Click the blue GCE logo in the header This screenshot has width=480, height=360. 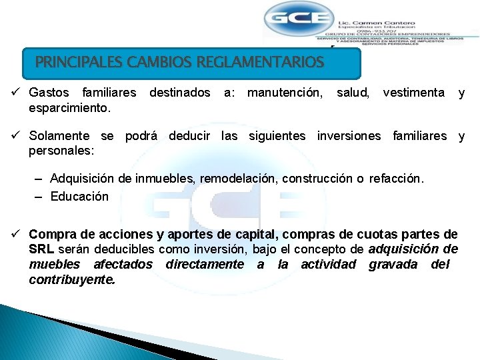point(297,19)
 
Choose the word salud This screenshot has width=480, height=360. point(353,93)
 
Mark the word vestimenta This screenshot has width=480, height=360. point(413,93)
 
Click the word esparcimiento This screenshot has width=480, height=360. point(70,107)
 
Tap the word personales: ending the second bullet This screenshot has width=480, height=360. point(61,151)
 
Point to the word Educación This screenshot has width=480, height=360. point(79,196)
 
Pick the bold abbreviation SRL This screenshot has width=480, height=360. point(41,249)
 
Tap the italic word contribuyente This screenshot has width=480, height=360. point(72,279)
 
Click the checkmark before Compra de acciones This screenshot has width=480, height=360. point(18,235)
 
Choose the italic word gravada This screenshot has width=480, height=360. point(392,265)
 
